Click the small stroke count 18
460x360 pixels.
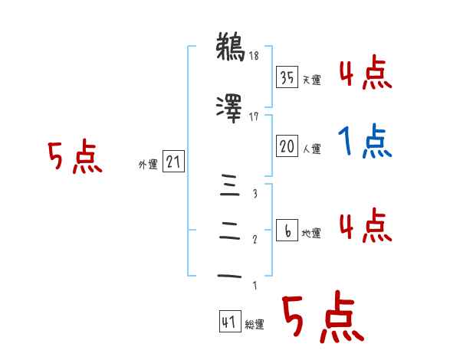pos(255,56)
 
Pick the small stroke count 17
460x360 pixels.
pos(255,117)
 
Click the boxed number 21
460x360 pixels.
pos(172,162)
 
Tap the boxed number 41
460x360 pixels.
pos(229,322)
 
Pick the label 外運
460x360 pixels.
pos(147,164)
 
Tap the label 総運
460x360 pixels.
pos(255,325)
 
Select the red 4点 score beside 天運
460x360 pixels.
pos(365,73)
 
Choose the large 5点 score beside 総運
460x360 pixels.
pos(322,319)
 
